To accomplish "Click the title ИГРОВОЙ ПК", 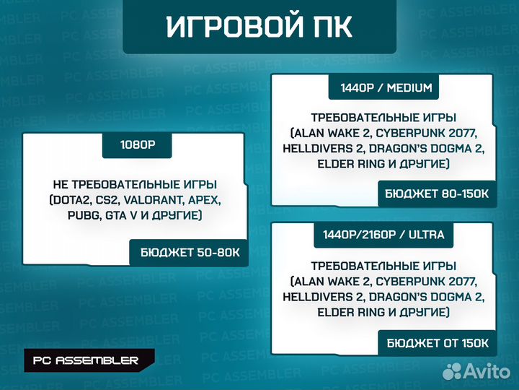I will coord(259,27).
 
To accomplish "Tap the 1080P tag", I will coord(138,144).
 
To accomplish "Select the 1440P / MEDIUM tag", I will coord(390,88).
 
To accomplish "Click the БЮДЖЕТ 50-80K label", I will coord(189,253).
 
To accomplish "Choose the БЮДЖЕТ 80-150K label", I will coord(437,194).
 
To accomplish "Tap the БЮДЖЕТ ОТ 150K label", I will coord(437,342).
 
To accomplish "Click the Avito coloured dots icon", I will coord(452,371).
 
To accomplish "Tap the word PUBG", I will coord(71,216).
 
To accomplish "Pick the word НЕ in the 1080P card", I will coord(62,185).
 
